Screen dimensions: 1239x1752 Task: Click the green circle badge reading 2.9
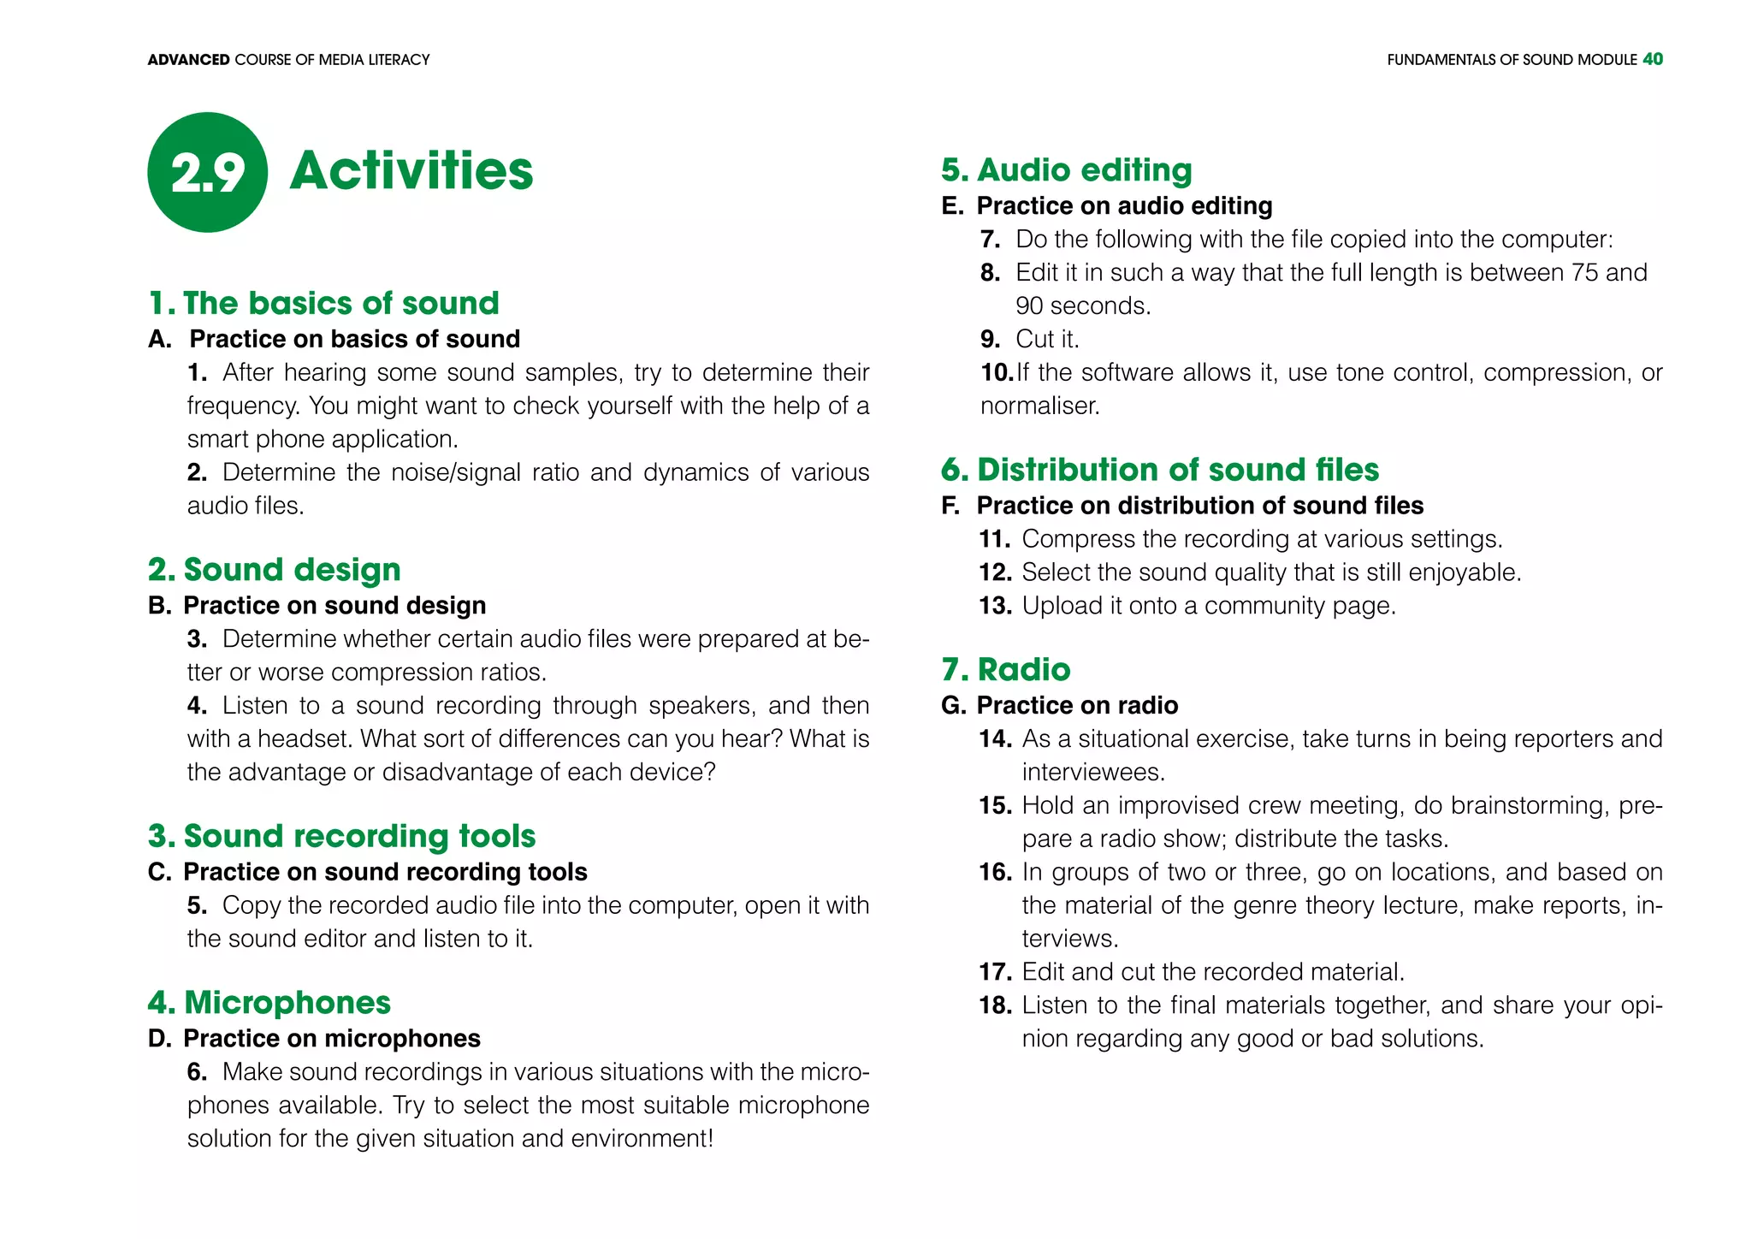(x=207, y=172)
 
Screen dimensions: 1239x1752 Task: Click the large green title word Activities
(x=411, y=170)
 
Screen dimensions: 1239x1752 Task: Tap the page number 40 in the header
(x=1652, y=59)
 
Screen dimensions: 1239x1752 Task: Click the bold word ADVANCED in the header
(x=188, y=60)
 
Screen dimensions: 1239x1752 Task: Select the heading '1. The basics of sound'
(x=323, y=303)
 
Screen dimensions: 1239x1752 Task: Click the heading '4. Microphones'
(x=269, y=1002)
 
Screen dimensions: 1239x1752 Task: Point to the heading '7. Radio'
(x=1005, y=669)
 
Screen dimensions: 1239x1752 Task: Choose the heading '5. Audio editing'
(x=1066, y=169)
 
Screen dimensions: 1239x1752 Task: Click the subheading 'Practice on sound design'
(x=334, y=605)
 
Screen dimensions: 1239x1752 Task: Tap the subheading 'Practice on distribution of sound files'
(x=1199, y=506)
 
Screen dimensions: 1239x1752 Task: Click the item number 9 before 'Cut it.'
(x=990, y=339)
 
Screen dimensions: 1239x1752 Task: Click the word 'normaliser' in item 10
(x=1038, y=406)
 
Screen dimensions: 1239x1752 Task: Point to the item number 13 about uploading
(x=995, y=606)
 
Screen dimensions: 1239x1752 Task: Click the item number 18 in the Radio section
(x=995, y=1005)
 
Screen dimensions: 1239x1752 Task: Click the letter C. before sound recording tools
(x=159, y=872)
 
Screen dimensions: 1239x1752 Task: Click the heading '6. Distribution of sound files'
(x=1159, y=470)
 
